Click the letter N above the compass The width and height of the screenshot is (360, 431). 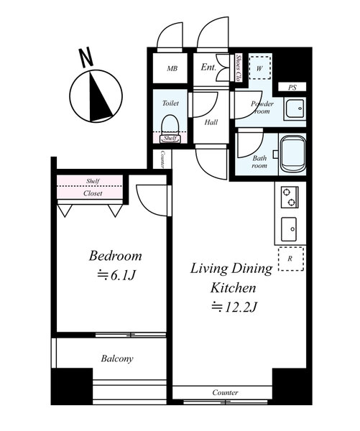(86, 57)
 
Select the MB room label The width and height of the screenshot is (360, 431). (172, 68)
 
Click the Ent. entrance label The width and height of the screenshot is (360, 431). (208, 67)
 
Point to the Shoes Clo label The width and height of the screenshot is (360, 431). (239, 68)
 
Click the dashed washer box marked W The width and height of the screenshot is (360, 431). (259, 68)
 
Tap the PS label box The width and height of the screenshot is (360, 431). (292, 87)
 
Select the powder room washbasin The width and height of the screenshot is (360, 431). (295, 108)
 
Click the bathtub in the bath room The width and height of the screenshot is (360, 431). (293, 154)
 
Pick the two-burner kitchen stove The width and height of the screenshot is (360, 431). (290, 197)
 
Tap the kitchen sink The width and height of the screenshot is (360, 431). (289, 229)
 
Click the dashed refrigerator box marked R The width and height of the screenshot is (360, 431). (291, 259)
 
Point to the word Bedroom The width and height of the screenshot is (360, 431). (115, 256)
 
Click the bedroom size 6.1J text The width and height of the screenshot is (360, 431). (117, 275)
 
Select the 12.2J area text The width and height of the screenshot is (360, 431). (234, 307)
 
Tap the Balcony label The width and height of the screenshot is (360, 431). (117, 358)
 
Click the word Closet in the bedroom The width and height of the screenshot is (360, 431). (93, 193)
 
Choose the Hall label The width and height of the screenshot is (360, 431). (211, 122)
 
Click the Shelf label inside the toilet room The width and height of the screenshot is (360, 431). (170, 138)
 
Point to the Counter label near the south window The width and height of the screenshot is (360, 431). (225, 392)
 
